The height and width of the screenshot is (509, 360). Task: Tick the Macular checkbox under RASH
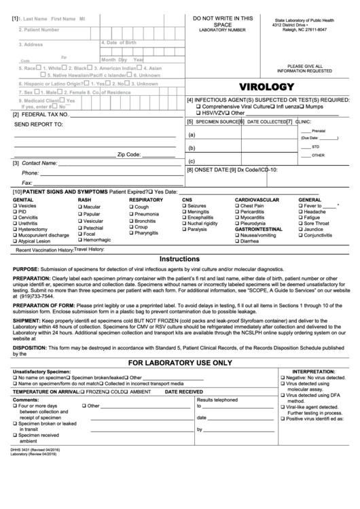click(x=80, y=206)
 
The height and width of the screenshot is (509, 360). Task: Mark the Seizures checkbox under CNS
click(x=184, y=205)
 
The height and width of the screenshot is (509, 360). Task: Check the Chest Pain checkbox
click(x=237, y=205)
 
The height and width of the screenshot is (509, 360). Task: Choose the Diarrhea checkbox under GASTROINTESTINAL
click(x=237, y=241)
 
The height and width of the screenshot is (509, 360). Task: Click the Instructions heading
click(x=179, y=260)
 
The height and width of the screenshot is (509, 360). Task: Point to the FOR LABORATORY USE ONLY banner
click(x=179, y=362)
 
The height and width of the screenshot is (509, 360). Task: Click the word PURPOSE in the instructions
click(x=25, y=270)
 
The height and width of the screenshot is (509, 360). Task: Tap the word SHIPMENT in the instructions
click(x=26, y=319)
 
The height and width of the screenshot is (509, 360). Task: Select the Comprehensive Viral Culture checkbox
click(x=198, y=107)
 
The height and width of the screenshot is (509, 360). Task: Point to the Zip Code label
click(x=129, y=155)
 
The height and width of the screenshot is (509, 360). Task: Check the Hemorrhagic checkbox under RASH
click(x=80, y=240)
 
